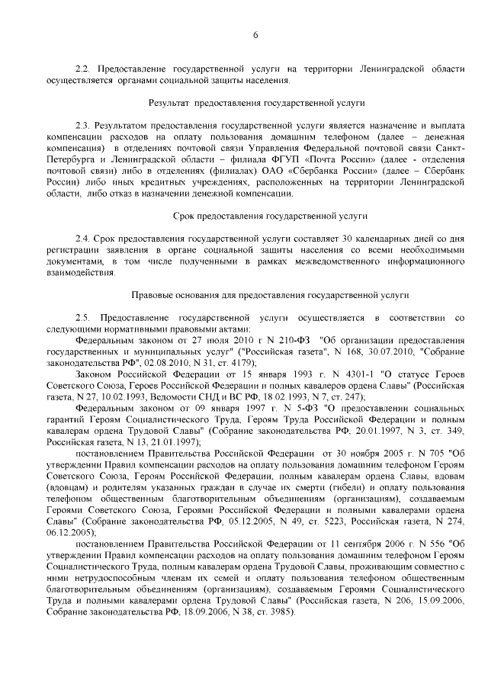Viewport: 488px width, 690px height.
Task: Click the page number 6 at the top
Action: pyautogui.click(x=256, y=34)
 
